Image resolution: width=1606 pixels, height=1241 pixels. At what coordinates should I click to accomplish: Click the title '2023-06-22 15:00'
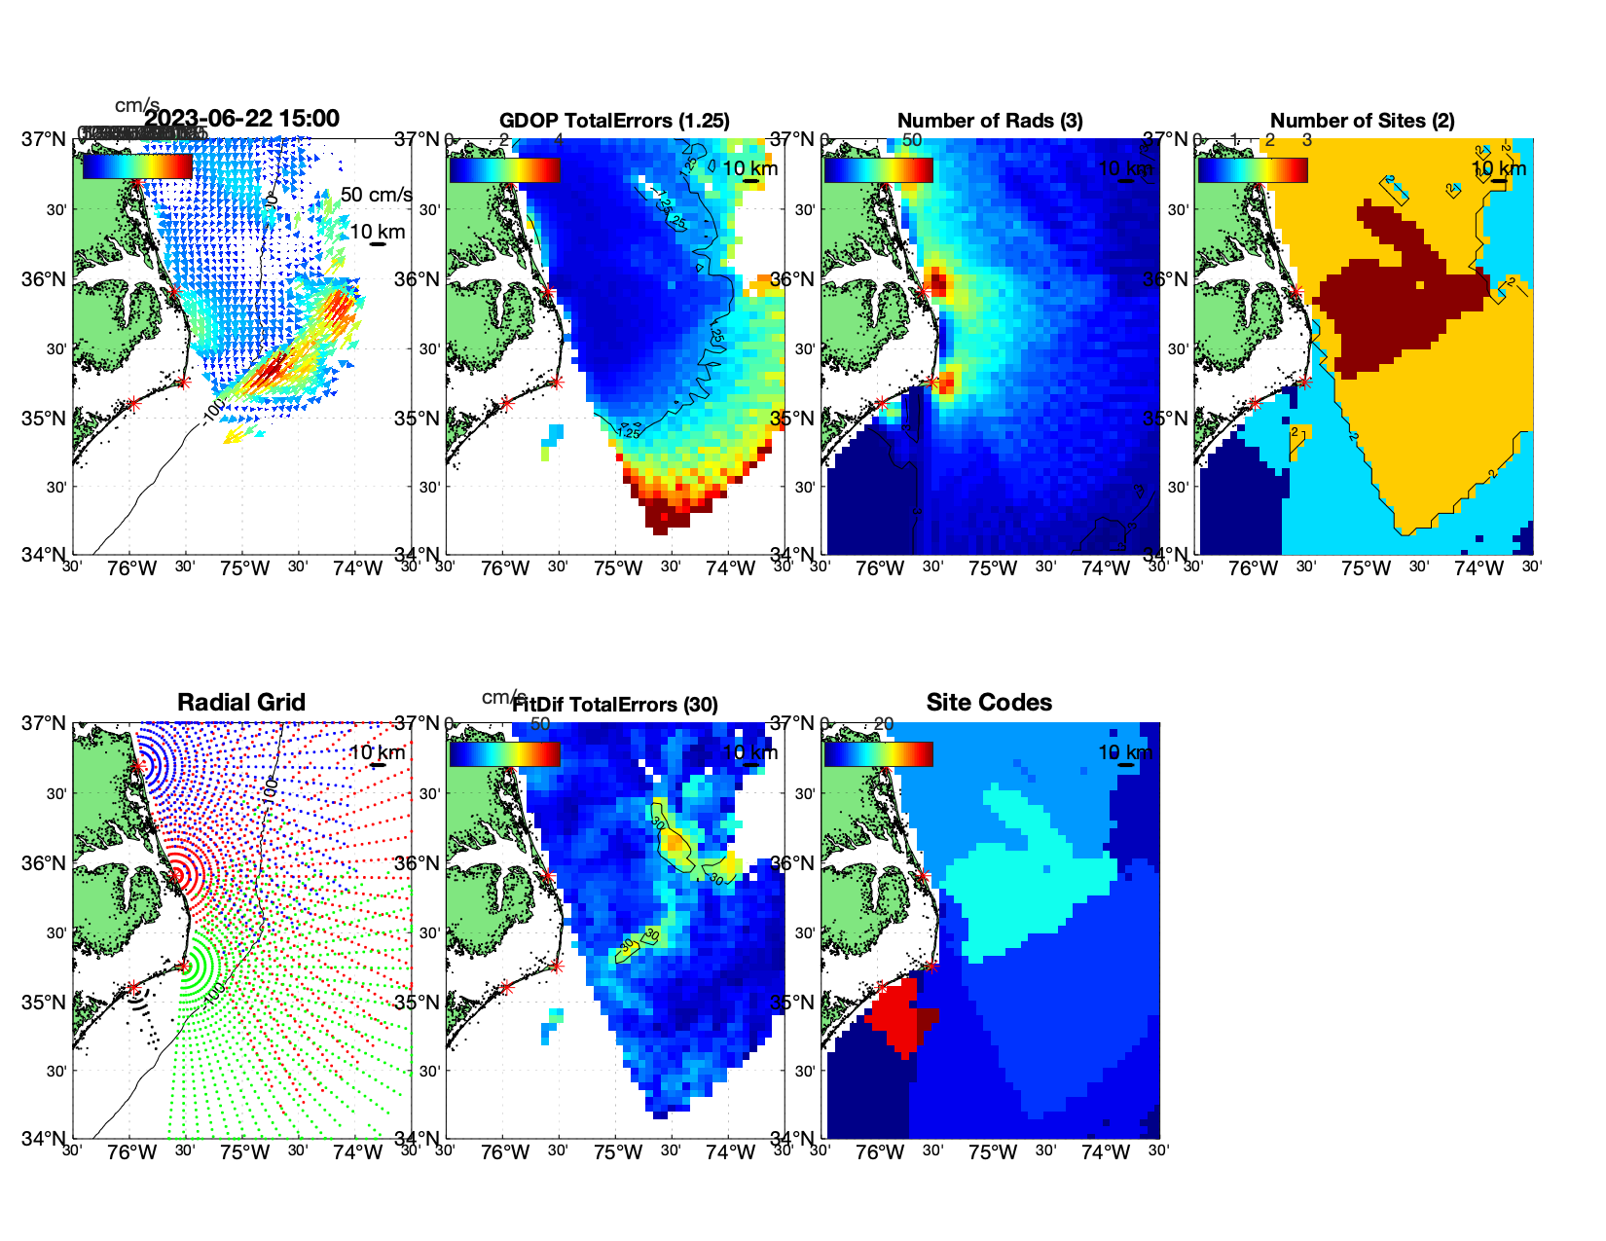pyautogui.click(x=241, y=119)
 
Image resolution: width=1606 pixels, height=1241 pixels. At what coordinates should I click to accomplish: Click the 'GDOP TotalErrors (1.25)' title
pyautogui.click(x=614, y=121)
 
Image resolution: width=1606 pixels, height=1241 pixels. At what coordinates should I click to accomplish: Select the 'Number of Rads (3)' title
pyautogui.click(x=990, y=121)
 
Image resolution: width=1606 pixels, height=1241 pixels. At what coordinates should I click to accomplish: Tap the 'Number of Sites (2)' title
pyautogui.click(x=1362, y=121)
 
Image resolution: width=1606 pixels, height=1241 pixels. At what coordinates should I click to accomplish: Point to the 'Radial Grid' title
pyautogui.click(x=241, y=703)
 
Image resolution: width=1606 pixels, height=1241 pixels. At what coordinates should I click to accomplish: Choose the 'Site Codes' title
pyautogui.click(x=989, y=703)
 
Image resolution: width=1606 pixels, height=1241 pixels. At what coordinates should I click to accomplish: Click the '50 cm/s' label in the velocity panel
pyautogui.click(x=376, y=195)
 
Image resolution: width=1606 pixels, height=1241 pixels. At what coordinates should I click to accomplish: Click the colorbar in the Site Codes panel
pyautogui.click(x=878, y=754)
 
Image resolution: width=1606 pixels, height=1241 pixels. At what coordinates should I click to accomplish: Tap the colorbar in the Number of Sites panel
pyautogui.click(x=1253, y=170)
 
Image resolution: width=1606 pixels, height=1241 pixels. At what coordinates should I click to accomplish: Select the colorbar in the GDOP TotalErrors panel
pyautogui.click(x=504, y=170)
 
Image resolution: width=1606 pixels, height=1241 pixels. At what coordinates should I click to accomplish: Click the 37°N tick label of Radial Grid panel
pyautogui.click(x=45, y=723)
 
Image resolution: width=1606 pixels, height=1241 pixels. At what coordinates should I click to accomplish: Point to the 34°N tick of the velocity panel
pyautogui.click(x=45, y=555)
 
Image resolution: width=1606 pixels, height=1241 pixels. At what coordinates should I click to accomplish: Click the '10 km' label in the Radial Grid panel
pyautogui.click(x=377, y=752)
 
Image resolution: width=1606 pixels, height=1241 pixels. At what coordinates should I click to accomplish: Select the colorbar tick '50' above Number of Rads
pyautogui.click(x=912, y=140)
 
